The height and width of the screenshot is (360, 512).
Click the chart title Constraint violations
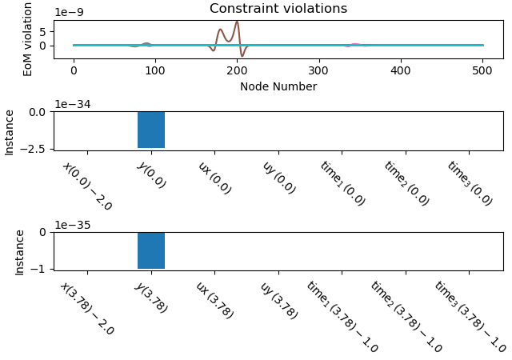(278, 9)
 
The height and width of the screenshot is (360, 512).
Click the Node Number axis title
(278, 86)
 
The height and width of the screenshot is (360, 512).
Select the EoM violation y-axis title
(28, 39)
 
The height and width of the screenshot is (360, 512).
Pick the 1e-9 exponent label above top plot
(69, 13)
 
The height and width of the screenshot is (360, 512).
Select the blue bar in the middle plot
(151, 130)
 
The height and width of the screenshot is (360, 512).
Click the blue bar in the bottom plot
(151, 250)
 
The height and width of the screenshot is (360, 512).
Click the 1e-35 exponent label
(72, 225)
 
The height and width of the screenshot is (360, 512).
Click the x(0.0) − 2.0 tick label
(87, 186)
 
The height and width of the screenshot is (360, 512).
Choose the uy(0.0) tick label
(278, 177)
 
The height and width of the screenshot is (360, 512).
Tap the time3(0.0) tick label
(470, 183)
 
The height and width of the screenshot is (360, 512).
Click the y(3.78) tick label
(150, 297)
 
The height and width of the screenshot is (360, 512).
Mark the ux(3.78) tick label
(214, 299)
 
